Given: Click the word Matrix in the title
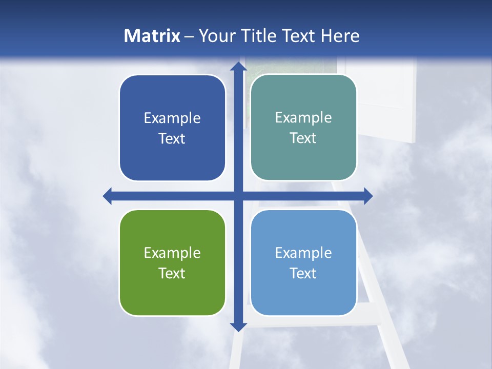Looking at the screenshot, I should tap(152, 36).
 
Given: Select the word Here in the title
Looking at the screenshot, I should tap(340, 36).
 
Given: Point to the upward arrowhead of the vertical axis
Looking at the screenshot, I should tap(238, 67).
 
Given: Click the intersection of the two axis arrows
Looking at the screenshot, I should tap(238, 196).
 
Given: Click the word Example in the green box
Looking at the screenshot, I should tap(172, 253).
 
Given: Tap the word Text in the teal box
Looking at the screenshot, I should tap(303, 138).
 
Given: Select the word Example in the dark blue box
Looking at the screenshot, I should tap(172, 118).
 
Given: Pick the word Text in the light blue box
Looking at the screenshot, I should tap(303, 273).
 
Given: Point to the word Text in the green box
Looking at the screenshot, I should tap(172, 273).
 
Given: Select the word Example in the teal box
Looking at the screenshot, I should tap(303, 118).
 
